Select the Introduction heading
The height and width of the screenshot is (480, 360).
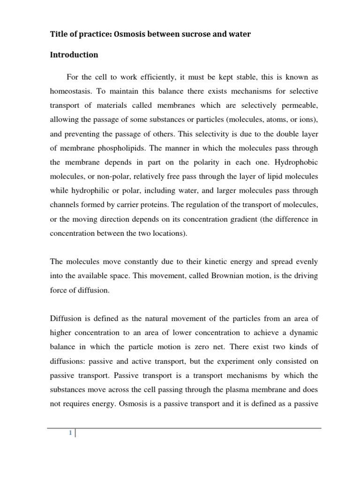tap(74, 55)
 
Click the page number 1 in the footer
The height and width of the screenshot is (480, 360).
tap(70, 433)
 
